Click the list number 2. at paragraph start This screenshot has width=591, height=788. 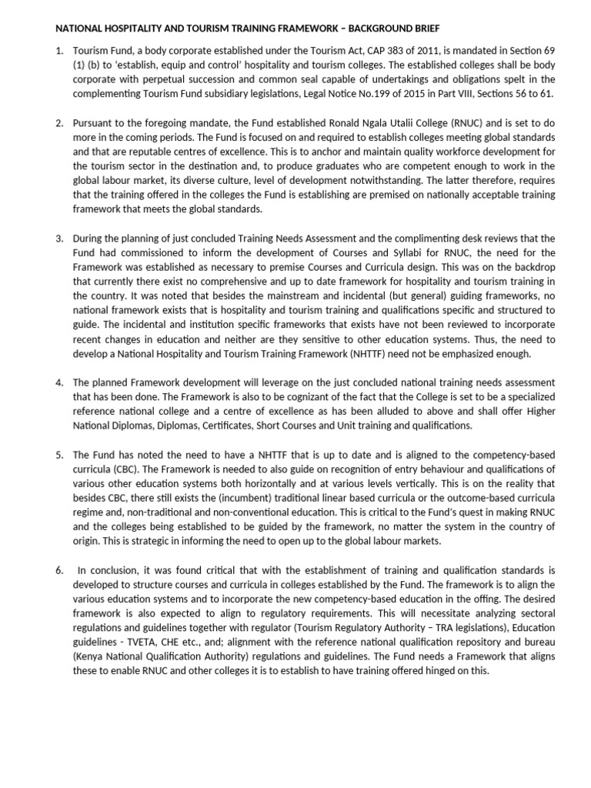[x=60, y=123]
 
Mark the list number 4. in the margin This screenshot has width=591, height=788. [x=60, y=382]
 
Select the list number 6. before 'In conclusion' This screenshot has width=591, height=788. [x=60, y=570]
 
